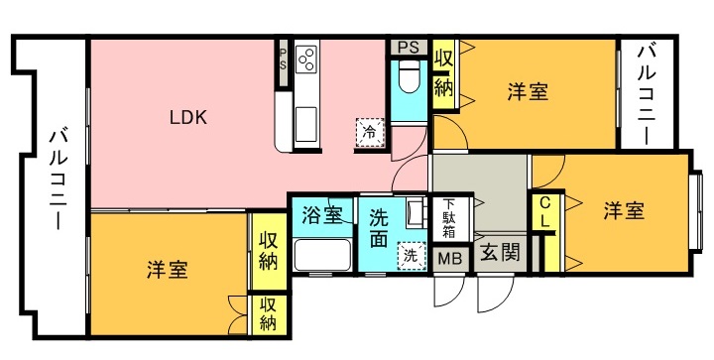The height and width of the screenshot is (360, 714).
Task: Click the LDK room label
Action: [x=188, y=117]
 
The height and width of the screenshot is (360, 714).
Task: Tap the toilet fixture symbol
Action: [x=409, y=76]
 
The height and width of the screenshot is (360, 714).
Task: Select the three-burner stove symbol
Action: [x=306, y=59]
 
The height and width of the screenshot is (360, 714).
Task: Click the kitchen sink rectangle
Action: [x=305, y=124]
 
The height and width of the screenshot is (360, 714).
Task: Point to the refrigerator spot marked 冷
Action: [x=370, y=133]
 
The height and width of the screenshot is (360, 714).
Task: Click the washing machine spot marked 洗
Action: [x=411, y=256]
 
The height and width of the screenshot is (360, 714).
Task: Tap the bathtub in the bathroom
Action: [x=322, y=255]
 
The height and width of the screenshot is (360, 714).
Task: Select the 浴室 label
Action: [x=322, y=215]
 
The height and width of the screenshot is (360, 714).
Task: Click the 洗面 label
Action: [x=379, y=228]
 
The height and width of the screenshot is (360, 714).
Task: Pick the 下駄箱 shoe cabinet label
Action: [x=449, y=218]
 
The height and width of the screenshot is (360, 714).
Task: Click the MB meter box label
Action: [x=449, y=259]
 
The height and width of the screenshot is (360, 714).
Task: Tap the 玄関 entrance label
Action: [x=500, y=252]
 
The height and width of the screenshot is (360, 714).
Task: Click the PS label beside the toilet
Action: [x=408, y=48]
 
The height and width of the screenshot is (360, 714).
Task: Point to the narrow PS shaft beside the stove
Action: [x=283, y=62]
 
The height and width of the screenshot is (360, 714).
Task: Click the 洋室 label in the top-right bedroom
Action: [x=529, y=92]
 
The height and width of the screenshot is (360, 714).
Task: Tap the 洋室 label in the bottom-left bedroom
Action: [x=168, y=270]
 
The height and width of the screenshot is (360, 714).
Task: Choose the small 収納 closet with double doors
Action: [x=269, y=315]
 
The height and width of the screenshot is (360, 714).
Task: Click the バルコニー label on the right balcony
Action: [x=647, y=94]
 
